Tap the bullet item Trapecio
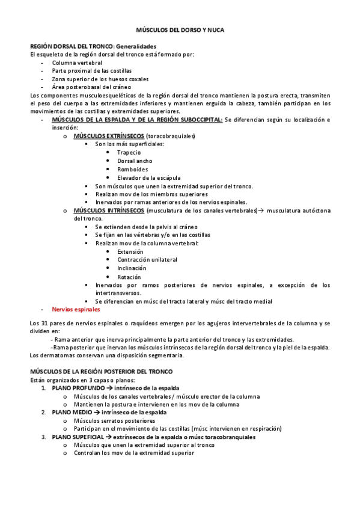coord(129,152)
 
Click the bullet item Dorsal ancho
coord(135,161)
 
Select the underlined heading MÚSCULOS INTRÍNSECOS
coord(109,210)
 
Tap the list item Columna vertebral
coord(77,63)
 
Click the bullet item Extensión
coord(130,251)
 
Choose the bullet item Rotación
coord(129,277)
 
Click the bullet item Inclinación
coord(132,268)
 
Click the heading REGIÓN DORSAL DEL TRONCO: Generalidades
coord(93,46)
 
